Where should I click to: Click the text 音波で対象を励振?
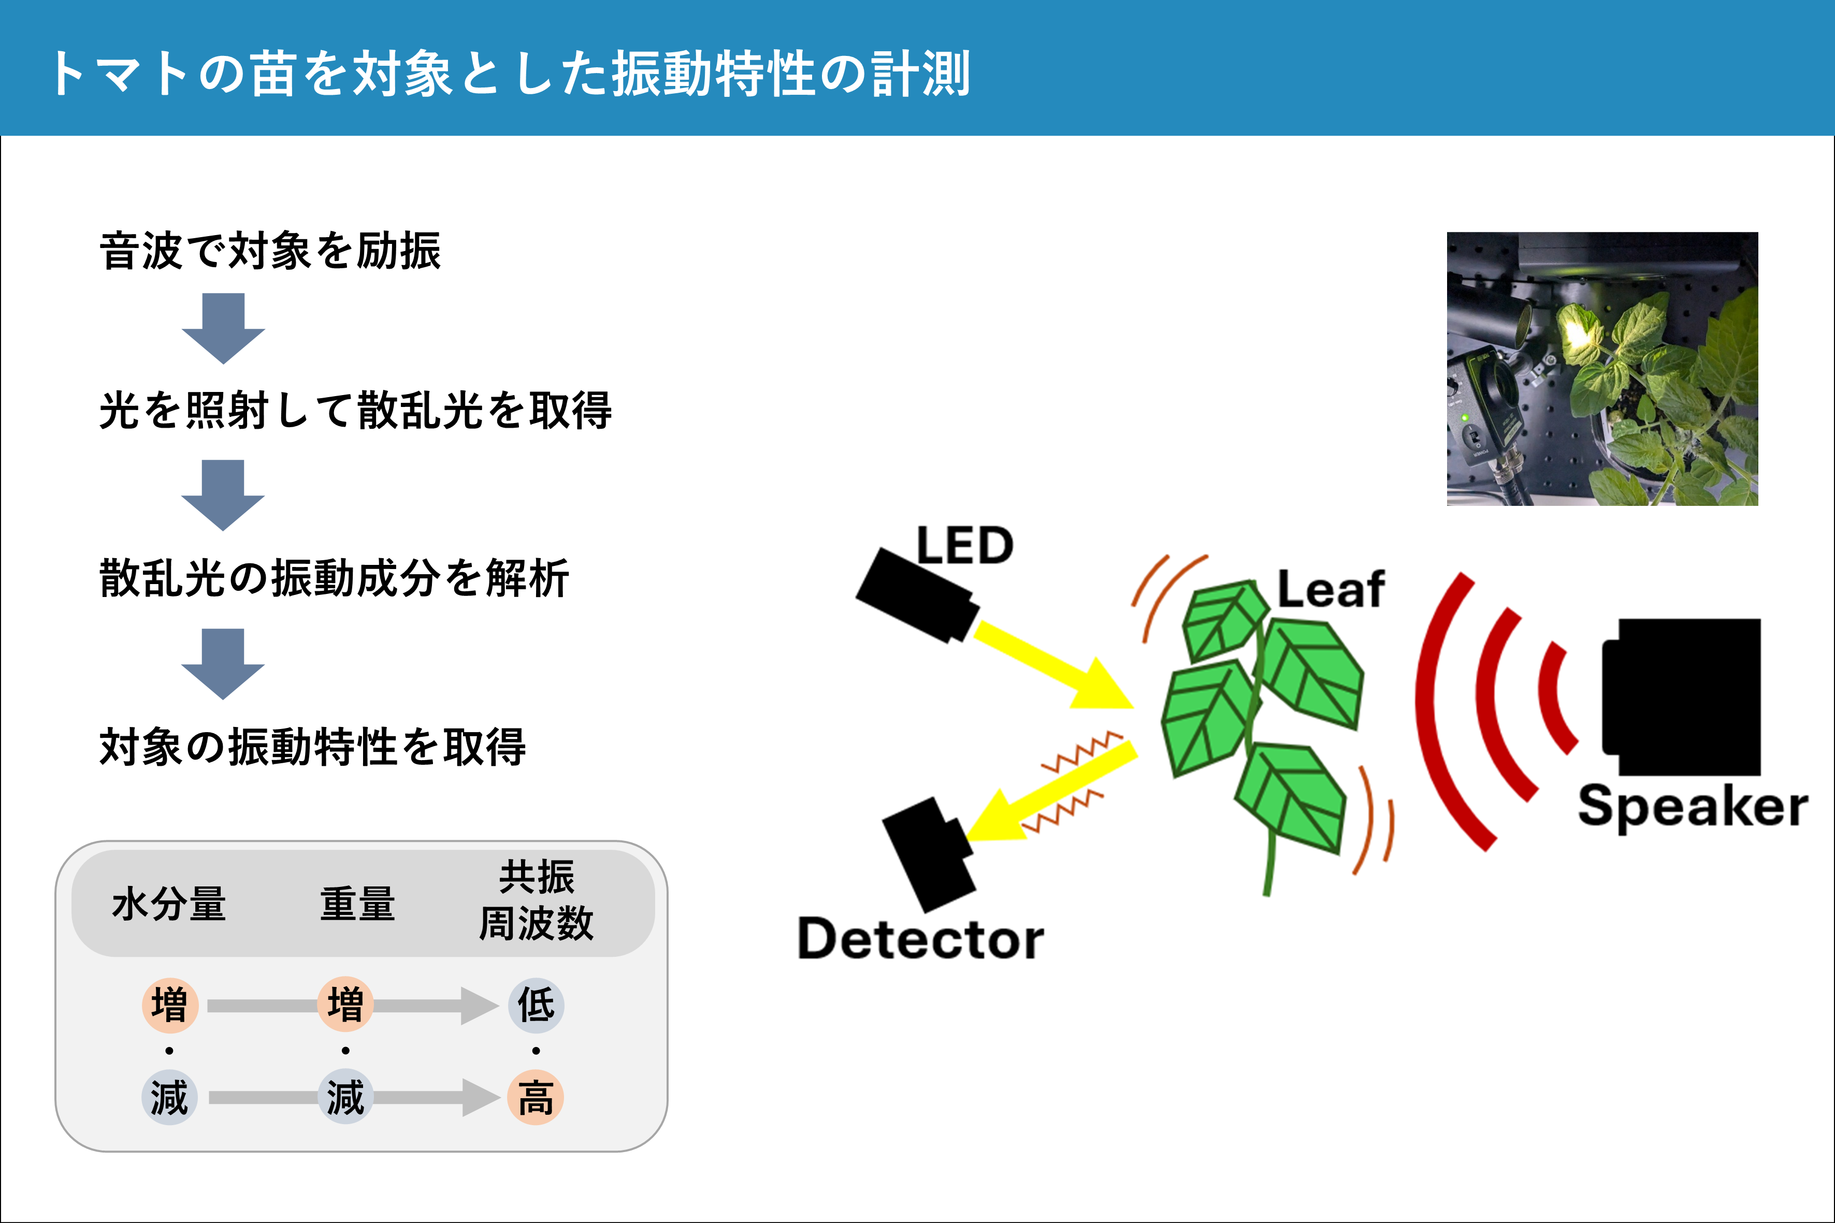coord(270,251)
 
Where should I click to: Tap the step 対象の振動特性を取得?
coord(312,747)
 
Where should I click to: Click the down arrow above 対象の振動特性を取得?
coord(223,662)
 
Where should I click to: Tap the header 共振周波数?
coord(536,901)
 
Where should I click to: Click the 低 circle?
coord(536,1004)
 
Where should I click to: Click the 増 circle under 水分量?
coord(169,1004)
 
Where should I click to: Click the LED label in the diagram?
coord(965,545)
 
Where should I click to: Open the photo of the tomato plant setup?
coord(1602,368)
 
